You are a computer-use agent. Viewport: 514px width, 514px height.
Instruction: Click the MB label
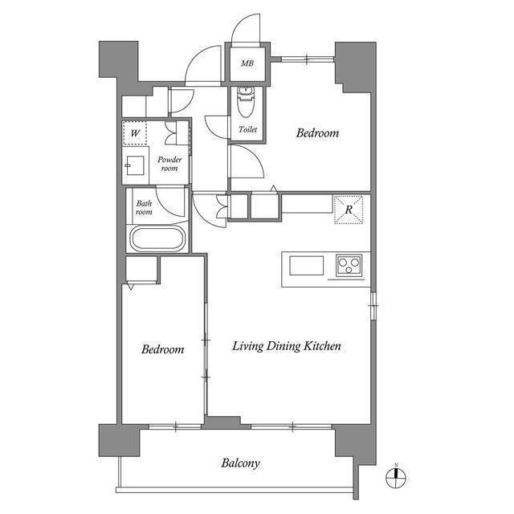[x=247, y=63]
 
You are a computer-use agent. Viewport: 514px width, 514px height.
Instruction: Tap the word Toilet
[x=248, y=129]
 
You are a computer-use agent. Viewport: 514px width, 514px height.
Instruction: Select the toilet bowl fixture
[x=246, y=102]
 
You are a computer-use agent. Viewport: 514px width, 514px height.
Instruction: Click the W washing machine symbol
[x=135, y=133]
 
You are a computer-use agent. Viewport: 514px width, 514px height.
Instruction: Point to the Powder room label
[x=169, y=164]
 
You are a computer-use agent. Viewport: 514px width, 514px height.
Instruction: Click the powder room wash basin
[x=135, y=165]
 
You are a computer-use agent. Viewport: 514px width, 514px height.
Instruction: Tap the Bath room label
[x=144, y=207]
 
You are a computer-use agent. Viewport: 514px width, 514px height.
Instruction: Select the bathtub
[x=157, y=239]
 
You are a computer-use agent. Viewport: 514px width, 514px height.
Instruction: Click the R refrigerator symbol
[x=349, y=210]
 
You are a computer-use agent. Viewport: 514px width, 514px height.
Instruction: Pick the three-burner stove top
[x=349, y=265]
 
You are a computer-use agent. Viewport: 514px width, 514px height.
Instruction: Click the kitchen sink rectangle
[x=307, y=266]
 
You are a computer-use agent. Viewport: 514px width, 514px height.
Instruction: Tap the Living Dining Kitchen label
[x=287, y=346]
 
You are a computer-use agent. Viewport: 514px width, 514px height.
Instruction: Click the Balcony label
[x=240, y=463]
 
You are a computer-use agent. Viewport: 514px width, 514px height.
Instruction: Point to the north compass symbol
[x=396, y=477]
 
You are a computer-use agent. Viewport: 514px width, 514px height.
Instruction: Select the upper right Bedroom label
[x=317, y=133]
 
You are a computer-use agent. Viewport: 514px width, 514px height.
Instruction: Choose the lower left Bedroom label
[x=162, y=349]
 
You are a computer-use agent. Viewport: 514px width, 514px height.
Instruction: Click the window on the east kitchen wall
[x=373, y=305]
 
